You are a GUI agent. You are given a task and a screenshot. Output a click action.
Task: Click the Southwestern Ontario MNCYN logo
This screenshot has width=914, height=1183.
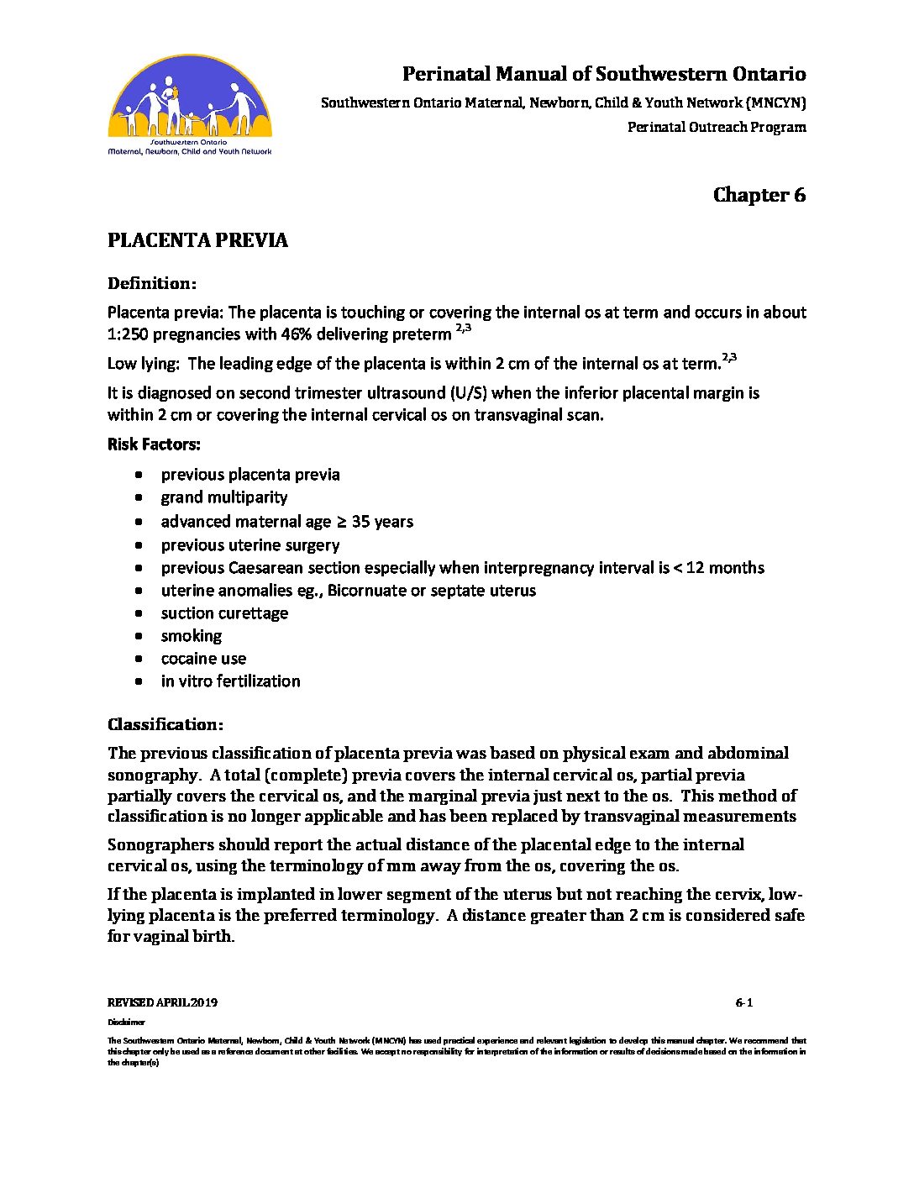(x=190, y=105)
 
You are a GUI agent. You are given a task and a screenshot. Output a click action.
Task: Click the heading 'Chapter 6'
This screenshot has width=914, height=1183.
(x=759, y=195)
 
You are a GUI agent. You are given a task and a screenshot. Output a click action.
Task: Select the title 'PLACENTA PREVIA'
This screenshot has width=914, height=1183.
(x=197, y=240)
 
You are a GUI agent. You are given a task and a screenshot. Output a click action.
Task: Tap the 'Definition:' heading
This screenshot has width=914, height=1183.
(x=152, y=283)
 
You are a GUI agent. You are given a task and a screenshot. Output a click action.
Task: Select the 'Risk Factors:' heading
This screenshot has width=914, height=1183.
(x=154, y=444)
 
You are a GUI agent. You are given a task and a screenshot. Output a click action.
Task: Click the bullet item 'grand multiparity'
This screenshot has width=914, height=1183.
(x=223, y=497)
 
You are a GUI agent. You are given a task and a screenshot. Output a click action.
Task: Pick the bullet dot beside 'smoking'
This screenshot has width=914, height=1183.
(x=139, y=637)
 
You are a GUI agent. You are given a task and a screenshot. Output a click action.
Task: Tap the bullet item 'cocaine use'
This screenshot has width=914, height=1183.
(x=203, y=659)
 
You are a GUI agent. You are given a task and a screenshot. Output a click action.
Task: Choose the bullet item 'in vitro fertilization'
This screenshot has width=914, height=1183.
(x=230, y=681)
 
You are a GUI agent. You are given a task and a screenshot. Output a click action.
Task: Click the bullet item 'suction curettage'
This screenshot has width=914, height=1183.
(x=224, y=613)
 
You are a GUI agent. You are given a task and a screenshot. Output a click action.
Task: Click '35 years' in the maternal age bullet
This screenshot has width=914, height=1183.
(x=382, y=522)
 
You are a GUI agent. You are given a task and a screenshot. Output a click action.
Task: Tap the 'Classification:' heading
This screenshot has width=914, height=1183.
(x=165, y=724)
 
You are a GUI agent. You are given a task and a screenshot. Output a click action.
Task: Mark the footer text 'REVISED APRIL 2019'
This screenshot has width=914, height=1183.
(x=162, y=1002)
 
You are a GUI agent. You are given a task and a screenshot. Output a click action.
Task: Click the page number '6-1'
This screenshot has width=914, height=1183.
(x=743, y=1002)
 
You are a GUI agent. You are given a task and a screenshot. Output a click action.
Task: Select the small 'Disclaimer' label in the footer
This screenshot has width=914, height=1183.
(x=126, y=1023)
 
